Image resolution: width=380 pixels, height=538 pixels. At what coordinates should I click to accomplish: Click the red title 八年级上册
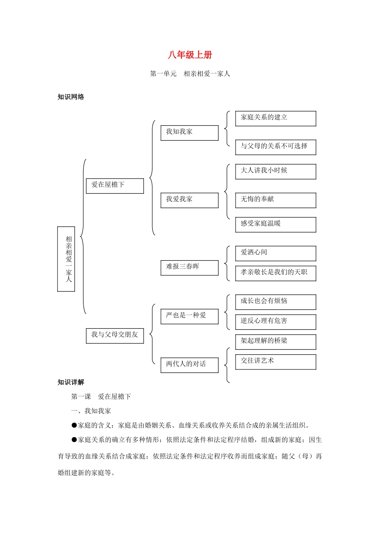(x=190, y=55)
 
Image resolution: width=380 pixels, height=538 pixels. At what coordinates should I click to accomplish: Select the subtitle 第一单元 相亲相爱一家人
(x=190, y=74)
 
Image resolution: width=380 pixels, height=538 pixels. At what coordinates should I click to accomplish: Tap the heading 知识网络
(x=71, y=97)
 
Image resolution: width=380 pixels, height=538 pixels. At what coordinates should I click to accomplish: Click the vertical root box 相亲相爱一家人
(x=66, y=259)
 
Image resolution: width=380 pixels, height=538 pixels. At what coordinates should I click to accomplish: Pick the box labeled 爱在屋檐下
(x=115, y=186)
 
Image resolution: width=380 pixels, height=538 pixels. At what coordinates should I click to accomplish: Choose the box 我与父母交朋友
(x=115, y=335)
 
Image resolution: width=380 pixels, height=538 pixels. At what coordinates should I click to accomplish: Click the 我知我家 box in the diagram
(x=189, y=132)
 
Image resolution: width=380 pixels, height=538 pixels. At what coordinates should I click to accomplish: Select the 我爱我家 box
(x=189, y=200)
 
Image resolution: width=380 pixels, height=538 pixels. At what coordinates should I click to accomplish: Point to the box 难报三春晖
(x=189, y=267)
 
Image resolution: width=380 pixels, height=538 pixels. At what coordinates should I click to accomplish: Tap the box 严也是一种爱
(x=189, y=316)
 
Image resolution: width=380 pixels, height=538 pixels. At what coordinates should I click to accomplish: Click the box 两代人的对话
(x=189, y=365)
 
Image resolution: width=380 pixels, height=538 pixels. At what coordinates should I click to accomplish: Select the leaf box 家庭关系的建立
(x=276, y=118)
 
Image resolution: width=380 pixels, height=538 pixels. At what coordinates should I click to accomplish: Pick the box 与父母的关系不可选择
(x=276, y=147)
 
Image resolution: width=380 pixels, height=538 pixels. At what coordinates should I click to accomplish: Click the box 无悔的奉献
(x=276, y=200)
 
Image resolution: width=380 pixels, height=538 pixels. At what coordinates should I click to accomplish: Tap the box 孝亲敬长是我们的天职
(x=276, y=273)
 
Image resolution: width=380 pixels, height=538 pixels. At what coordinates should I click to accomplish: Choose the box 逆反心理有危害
(x=276, y=321)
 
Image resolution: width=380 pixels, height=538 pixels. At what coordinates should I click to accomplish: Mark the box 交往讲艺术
(x=276, y=361)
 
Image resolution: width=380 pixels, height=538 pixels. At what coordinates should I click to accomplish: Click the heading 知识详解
(x=71, y=382)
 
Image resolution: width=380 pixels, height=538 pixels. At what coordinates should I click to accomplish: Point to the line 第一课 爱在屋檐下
(x=101, y=397)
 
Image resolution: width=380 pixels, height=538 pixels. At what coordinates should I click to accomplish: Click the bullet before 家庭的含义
(x=74, y=425)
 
